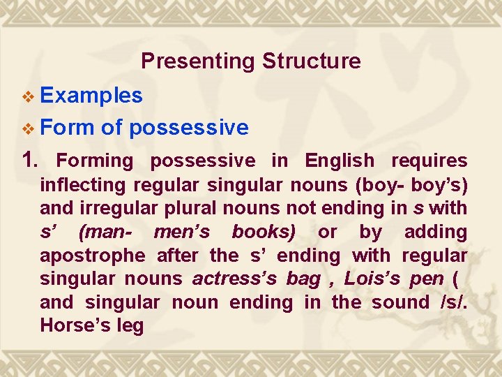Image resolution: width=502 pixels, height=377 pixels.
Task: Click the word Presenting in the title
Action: click(198, 61)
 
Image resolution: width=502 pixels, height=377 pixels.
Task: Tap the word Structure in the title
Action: click(311, 61)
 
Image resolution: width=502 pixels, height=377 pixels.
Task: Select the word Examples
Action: click(92, 95)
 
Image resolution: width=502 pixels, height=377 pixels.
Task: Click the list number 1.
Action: click(31, 161)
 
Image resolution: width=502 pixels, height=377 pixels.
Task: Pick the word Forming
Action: click(94, 161)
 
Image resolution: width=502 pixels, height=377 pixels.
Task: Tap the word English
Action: click(340, 161)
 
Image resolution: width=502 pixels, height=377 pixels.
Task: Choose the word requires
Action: click(429, 161)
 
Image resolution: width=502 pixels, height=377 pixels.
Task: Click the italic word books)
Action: click(264, 232)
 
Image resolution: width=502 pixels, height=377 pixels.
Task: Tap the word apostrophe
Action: click(92, 256)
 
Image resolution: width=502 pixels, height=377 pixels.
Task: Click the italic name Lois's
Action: click(372, 279)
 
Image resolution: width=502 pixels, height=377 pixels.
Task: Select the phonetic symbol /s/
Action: click(454, 302)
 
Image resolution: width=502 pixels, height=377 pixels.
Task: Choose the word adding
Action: click(435, 232)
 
